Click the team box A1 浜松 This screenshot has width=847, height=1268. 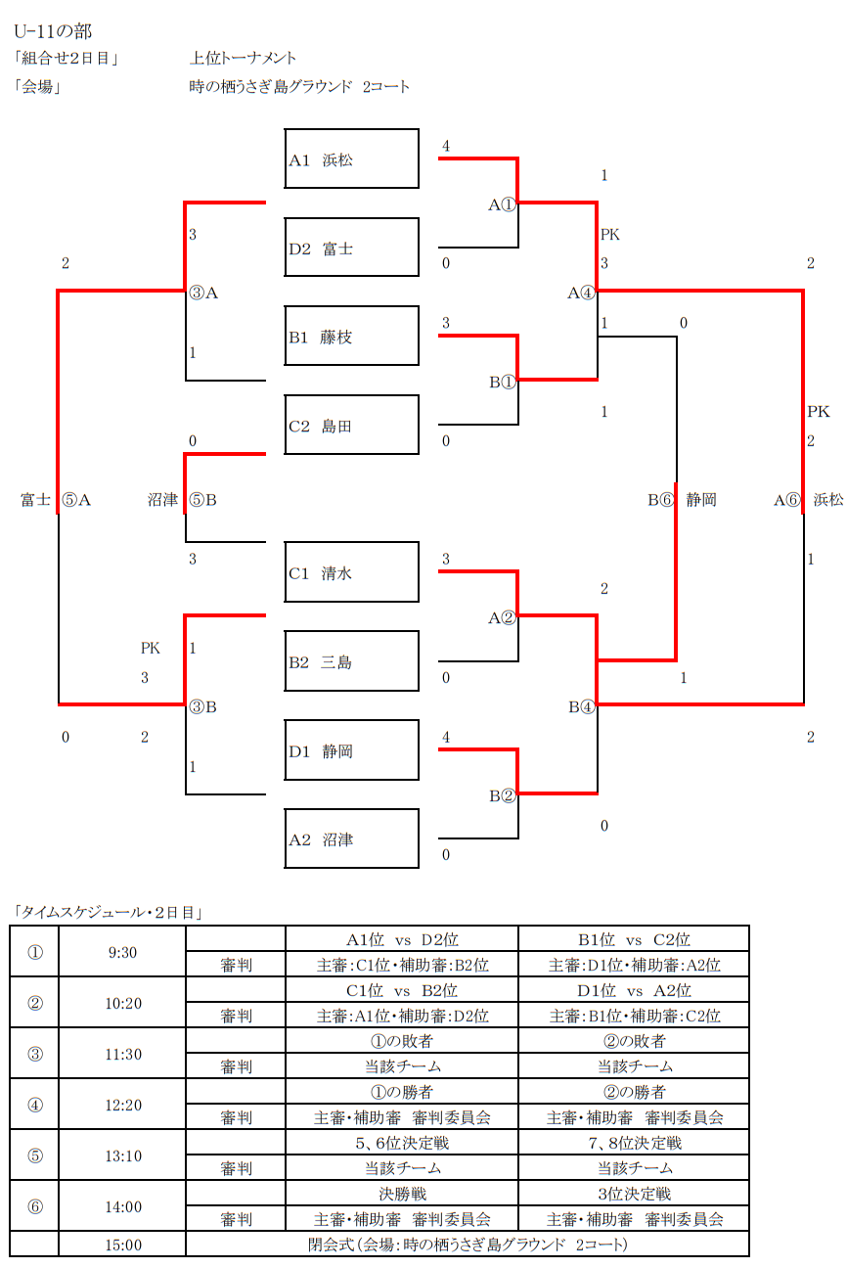351,158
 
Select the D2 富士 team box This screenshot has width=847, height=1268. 351,248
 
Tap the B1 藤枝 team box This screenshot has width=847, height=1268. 351,337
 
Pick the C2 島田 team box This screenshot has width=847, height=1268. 351,426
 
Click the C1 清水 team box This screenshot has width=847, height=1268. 351,573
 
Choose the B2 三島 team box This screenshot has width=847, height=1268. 351,662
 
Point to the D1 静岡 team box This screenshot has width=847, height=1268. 351,751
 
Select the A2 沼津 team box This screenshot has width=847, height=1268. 351,839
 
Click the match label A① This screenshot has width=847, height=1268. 502,204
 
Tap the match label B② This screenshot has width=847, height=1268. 502,795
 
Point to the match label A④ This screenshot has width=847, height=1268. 581,292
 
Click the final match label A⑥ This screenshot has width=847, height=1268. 787,500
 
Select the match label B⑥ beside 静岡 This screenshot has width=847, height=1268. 661,500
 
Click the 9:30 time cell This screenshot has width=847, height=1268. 122,952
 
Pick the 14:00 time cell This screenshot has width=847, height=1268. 122,1206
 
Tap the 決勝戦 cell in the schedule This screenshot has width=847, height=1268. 401,1194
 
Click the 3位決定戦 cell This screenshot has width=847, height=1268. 634,1194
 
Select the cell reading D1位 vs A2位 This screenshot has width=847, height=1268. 634,990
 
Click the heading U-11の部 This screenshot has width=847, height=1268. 54,32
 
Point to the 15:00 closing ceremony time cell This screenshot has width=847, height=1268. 122,1245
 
